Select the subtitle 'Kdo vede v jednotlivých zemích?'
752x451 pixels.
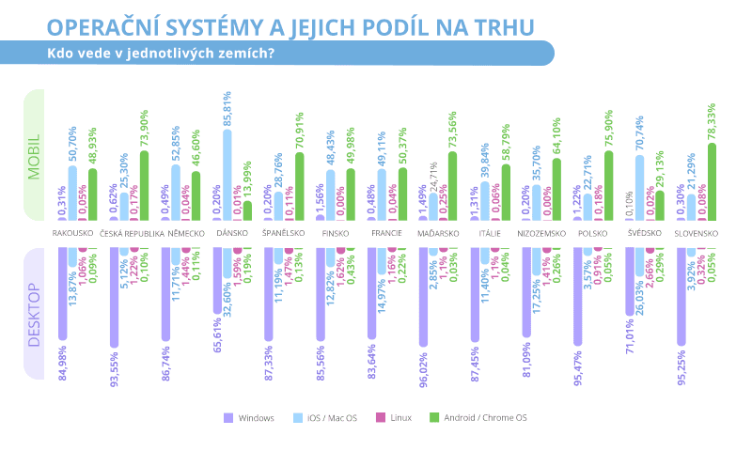click(x=161, y=53)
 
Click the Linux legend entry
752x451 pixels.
click(x=398, y=417)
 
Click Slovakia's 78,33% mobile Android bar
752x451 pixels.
click(x=712, y=182)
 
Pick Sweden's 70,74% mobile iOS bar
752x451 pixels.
click(x=640, y=188)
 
